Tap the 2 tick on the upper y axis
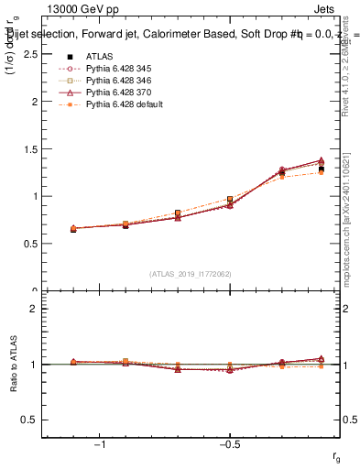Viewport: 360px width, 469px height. (33, 102)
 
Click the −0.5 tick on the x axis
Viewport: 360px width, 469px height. (229, 445)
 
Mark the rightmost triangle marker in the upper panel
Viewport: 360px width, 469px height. (321, 160)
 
